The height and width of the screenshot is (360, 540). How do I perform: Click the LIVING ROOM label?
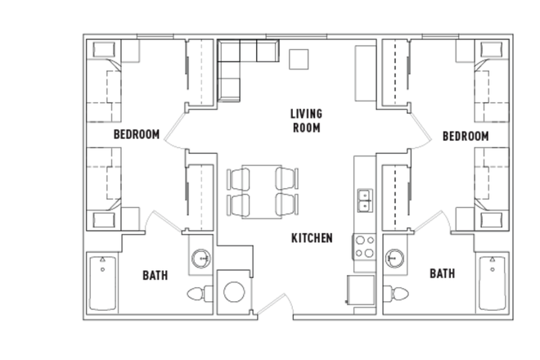coord(305,120)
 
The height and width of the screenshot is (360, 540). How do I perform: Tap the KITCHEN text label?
coord(312,238)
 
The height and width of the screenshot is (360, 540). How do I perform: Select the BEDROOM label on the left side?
coord(136,134)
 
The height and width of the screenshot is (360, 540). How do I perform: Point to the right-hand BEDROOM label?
coord(465,136)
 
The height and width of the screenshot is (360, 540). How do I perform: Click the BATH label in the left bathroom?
coord(155,275)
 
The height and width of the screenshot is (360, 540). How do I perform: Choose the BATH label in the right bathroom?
coord(442,273)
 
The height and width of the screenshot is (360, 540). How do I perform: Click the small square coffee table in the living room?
coord(299,60)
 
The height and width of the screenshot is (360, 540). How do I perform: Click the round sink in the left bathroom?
coord(202,260)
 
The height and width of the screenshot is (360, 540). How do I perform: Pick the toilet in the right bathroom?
coord(398,294)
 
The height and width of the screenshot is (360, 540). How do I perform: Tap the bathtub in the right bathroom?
coord(492,282)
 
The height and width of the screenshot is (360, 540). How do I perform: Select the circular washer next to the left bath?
coord(234,292)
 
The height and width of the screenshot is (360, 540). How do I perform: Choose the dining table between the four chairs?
coord(261,191)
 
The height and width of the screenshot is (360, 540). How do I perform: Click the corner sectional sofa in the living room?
coord(237,63)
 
